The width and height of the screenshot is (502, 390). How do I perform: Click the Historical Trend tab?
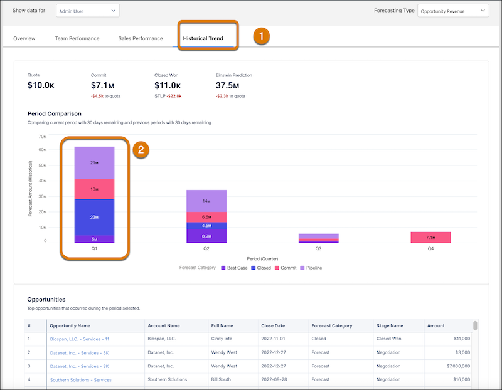point(203,38)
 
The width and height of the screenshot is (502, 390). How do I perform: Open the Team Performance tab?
point(77,38)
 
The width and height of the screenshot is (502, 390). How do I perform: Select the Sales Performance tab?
point(141,38)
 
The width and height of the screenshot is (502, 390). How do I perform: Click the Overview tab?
point(24,38)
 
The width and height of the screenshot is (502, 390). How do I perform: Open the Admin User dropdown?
point(87,11)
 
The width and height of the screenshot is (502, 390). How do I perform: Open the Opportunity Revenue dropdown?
point(452,11)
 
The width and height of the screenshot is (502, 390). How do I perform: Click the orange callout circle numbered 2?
point(141,150)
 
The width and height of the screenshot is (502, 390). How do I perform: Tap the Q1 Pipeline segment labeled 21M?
point(94,163)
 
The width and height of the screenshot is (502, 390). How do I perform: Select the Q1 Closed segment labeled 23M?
point(94,217)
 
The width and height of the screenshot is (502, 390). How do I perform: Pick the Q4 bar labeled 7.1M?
point(430,238)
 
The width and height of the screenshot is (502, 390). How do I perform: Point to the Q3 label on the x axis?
point(319,248)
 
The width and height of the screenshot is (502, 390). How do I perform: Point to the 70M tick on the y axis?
point(43,136)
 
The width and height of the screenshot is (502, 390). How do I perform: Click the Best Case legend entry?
point(235,268)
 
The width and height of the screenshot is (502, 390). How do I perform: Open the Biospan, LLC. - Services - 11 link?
point(79,339)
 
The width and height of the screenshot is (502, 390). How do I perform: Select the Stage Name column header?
point(389,325)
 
